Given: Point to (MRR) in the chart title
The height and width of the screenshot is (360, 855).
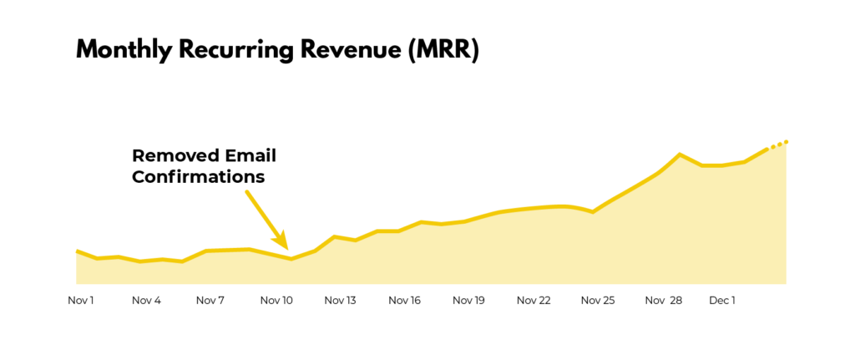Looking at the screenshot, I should [x=443, y=50].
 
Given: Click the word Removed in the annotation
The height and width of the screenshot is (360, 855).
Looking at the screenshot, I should [x=171, y=155].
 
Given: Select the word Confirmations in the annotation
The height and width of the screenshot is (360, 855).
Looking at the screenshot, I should [x=198, y=177].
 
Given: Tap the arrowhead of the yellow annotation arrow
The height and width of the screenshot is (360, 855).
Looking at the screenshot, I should [x=285, y=245].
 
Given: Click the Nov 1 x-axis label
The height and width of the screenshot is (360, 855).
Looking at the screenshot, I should [x=81, y=301].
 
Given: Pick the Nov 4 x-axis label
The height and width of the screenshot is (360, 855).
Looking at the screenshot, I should [x=146, y=301].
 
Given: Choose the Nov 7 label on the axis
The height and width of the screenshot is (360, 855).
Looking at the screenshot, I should [x=210, y=301].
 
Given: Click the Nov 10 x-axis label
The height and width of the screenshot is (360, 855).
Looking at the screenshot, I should [x=276, y=301].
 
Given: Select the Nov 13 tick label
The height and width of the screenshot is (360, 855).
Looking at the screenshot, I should [x=340, y=301].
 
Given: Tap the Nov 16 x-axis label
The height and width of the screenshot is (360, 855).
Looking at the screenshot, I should [x=404, y=301].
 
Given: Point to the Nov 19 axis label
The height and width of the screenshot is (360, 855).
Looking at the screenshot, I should [x=468, y=301].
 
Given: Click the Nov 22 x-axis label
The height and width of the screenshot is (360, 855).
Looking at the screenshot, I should [x=533, y=301].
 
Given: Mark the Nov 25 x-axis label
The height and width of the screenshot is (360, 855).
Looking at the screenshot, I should [x=597, y=301].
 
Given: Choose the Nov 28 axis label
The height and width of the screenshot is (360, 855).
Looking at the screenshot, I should [x=663, y=301].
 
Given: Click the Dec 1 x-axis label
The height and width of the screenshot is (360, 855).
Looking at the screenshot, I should [x=721, y=301].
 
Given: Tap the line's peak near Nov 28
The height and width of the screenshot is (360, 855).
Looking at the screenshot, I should [x=680, y=155].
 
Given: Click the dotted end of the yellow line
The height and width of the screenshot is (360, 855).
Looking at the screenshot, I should [x=779, y=145].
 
